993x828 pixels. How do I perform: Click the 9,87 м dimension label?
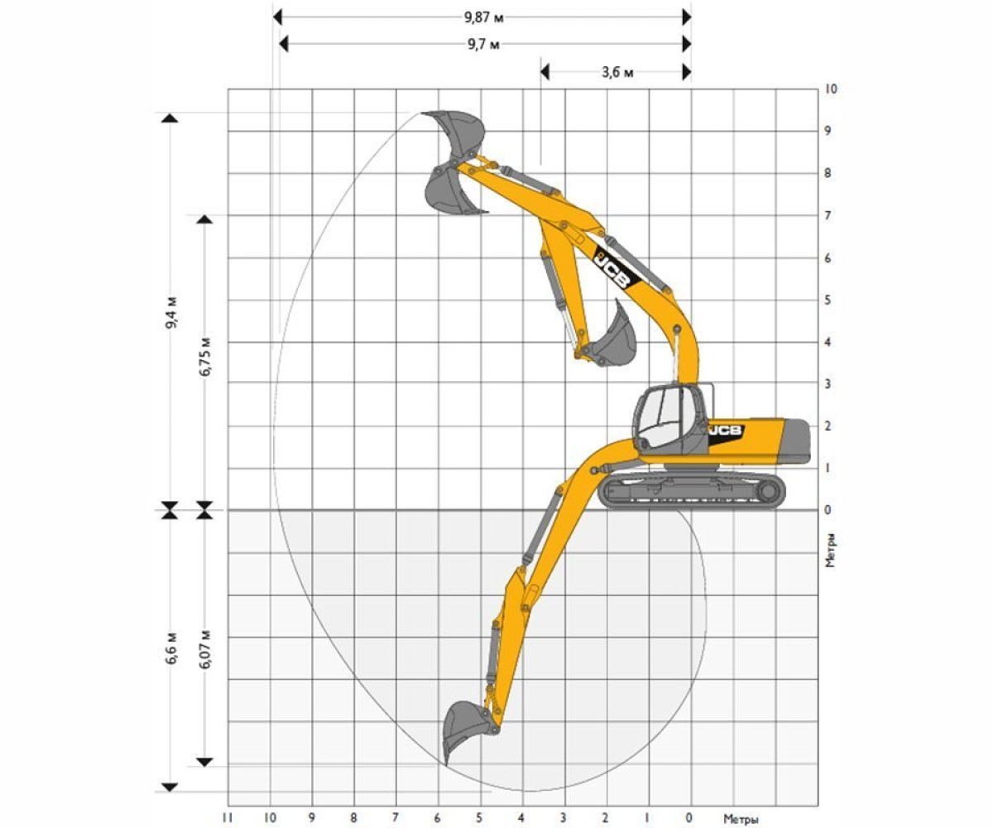(x=483, y=17)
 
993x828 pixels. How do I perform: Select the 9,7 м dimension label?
(x=483, y=45)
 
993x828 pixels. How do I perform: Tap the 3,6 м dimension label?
(x=617, y=73)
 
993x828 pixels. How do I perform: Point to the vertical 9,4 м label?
(x=171, y=313)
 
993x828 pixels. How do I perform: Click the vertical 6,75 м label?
(x=205, y=357)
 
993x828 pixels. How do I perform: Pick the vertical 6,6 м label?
(x=171, y=648)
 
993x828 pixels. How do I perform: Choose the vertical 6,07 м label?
(x=205, y=648)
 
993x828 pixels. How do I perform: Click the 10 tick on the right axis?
(x=832, y=89)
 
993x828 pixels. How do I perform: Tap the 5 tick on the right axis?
(x=828, y=301)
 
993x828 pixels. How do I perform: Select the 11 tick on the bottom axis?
(x=228, y=817)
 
